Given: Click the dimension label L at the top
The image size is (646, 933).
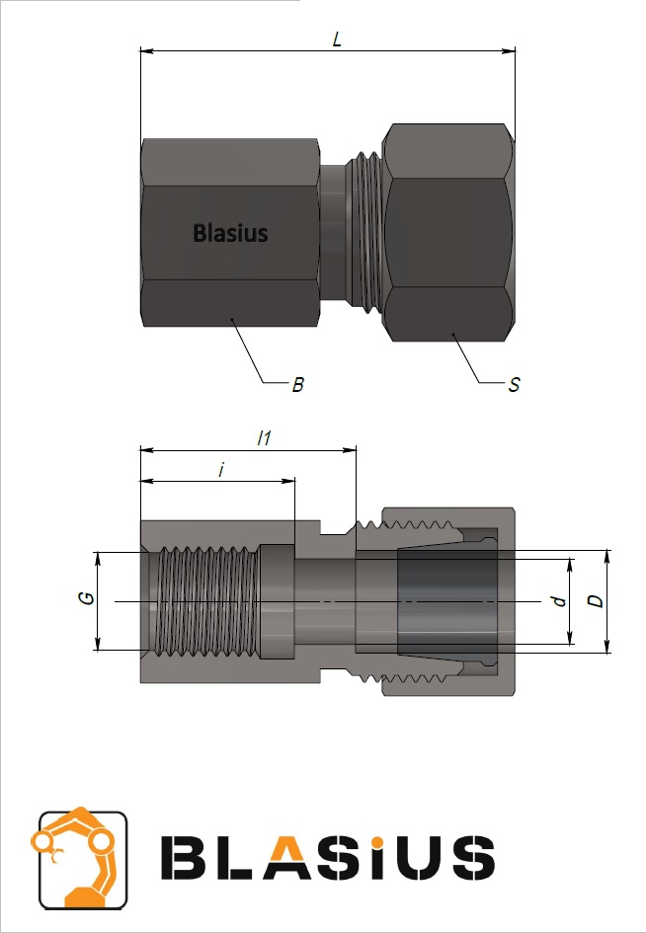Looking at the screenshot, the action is [337, 39].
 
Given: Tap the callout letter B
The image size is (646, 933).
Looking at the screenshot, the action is [297, 385].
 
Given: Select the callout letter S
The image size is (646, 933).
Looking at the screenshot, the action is [515, 385].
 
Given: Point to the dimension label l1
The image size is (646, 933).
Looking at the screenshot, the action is [264, 438].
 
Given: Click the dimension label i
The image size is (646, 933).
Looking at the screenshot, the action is [221, 470].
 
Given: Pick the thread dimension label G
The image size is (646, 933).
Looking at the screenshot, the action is [88, 598].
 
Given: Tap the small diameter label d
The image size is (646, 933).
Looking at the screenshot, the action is [560, 601].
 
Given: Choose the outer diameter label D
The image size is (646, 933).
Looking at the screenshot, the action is [596, 601].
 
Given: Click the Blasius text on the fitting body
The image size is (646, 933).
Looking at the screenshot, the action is [230, 233].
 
